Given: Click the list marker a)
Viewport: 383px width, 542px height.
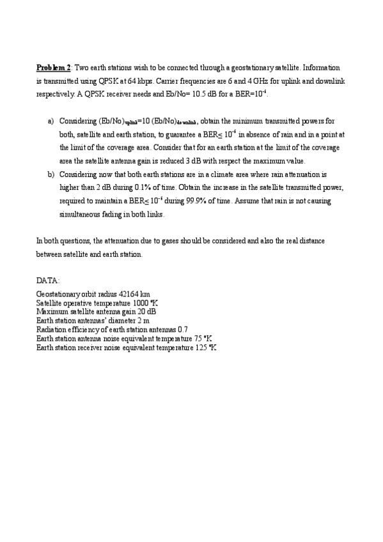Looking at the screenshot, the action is pos(51,121).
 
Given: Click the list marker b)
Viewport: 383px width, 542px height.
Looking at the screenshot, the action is pos(51,174).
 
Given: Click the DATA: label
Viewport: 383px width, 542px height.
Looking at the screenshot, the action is pos(49,280).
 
